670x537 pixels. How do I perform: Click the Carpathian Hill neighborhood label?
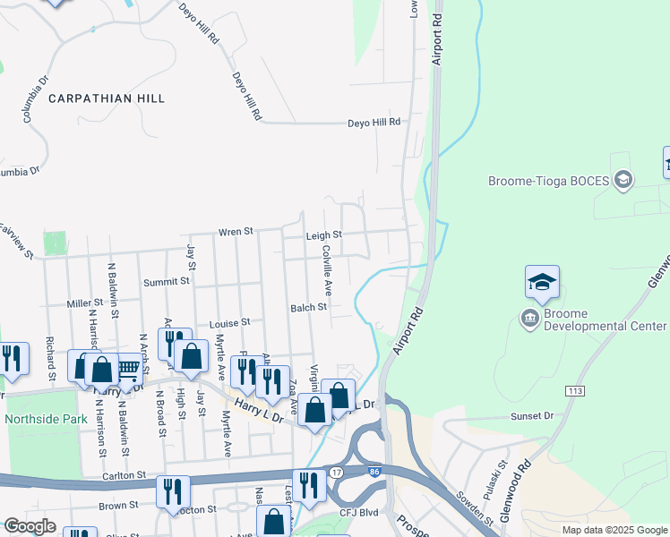point(107,98)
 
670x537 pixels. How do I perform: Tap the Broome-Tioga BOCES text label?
point(548,181)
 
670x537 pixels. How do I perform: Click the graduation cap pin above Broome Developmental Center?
point(542,283)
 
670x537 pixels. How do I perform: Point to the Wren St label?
point(236,233)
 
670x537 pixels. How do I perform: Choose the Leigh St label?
point(323,235)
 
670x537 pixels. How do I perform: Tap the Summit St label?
point(167,281)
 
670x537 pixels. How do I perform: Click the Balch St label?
point(308,307)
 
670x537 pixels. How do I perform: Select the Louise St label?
point(228,322)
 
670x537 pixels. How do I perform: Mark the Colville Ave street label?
point(328,270)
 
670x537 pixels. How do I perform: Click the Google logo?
point(29,526)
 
